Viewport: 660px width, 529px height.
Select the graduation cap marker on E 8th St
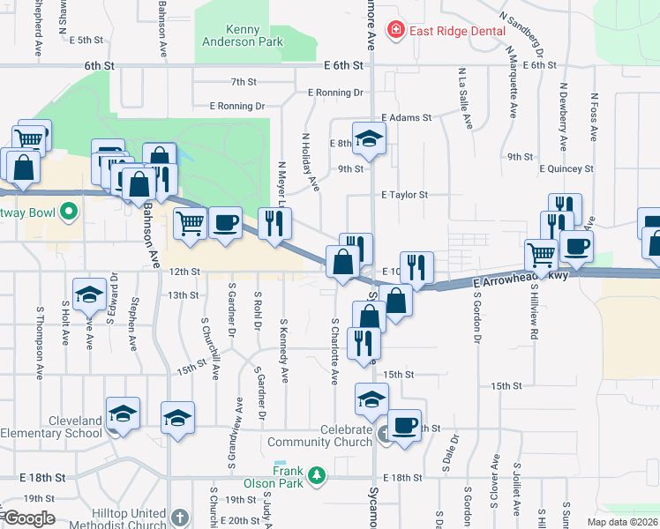click(369, 138)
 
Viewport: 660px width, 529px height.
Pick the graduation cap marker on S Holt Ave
click(89, 294)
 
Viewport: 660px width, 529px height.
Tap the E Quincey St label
click(565, 168)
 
